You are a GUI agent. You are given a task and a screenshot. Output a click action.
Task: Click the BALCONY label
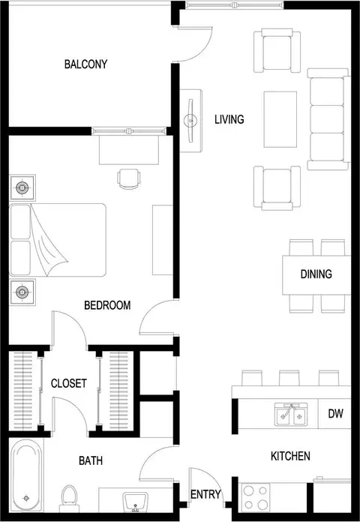[86, 64]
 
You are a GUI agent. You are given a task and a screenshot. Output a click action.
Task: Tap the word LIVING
[229, 119]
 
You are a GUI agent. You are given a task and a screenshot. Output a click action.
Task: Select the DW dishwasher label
[335, 413]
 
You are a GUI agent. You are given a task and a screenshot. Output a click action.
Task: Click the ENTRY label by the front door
[205, 494]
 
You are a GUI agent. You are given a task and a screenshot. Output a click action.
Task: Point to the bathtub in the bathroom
[26, 475]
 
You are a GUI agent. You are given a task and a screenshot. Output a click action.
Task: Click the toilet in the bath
[69, 499]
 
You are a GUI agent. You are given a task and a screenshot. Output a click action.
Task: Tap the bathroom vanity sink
[136, 502]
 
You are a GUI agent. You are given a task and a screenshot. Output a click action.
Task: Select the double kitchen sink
[291, 414]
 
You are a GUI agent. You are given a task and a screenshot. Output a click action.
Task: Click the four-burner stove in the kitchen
[256, 497]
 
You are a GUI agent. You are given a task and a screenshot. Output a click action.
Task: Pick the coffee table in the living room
[280, 119]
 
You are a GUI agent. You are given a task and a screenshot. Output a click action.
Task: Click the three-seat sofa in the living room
[328, 119]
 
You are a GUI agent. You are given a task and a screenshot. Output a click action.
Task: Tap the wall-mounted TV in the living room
[190, 121]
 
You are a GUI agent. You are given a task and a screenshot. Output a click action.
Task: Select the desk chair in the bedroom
[129, 179]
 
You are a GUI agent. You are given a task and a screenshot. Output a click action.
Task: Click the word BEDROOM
[107, 305]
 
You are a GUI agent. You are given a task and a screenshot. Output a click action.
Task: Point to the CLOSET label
[68, 383]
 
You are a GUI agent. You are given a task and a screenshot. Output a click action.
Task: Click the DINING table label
[316, 274]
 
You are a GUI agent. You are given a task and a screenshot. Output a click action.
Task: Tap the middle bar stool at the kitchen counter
[289, 378]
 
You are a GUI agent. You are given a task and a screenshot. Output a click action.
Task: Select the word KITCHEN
[290, 456]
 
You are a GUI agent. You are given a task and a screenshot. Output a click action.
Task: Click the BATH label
[91, 460]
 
